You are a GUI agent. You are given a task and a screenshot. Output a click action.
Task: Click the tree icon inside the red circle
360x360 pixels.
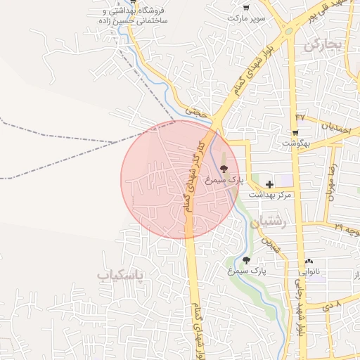[x=224, y=168]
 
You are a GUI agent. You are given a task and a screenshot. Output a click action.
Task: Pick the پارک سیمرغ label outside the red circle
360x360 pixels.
[x=250, y=269]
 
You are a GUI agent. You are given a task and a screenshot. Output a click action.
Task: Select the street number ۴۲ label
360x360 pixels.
[x=300, y=116]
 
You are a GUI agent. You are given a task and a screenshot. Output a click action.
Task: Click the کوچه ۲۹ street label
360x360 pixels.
[x=347, y=229]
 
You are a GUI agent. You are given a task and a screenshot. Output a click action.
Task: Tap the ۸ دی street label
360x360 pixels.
[x=331, y=305]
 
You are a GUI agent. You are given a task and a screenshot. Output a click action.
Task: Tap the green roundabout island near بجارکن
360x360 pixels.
[x=288, y=31]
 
